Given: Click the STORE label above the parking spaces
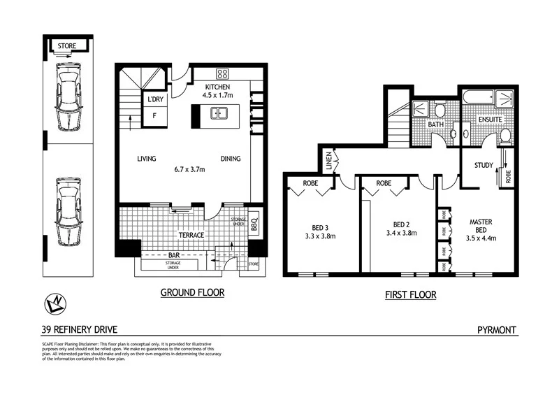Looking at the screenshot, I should point(67,46).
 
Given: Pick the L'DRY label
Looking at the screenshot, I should point(154,100).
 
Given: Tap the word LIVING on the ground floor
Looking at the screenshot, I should point(147,159).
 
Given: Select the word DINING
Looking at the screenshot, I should point(230,159).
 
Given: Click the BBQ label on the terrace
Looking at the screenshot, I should point(254,226).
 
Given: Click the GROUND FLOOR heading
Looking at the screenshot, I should point(193,293).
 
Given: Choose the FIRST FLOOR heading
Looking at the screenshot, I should point(411,295).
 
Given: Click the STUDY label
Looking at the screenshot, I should point(484,166).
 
